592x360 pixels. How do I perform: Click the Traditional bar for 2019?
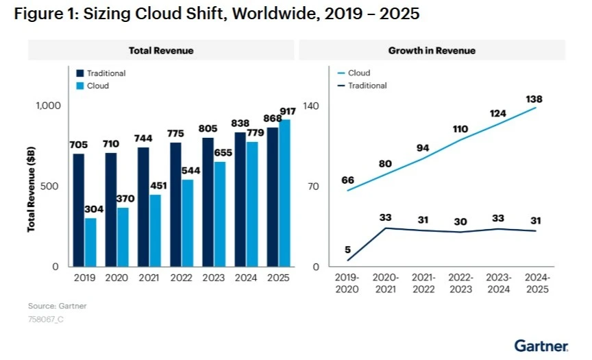[x=79, y=210]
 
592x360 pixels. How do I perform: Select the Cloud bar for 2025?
[x=284, y=193]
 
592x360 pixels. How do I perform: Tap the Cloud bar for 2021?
[x=156, y=230]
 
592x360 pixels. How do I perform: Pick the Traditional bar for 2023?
[x=208, y=202]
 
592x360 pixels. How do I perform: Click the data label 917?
[x=288, y=111]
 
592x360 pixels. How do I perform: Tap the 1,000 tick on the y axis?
[x=49, y=106]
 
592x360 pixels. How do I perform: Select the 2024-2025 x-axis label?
[x=536, y=283]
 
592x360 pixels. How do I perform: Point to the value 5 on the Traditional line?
[x=348, y=250]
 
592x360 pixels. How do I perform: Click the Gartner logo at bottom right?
[x=541, y=345]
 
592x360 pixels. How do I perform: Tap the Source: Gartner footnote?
[x=57, y=306]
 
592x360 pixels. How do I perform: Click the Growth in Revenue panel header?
[x=432, y=51]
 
